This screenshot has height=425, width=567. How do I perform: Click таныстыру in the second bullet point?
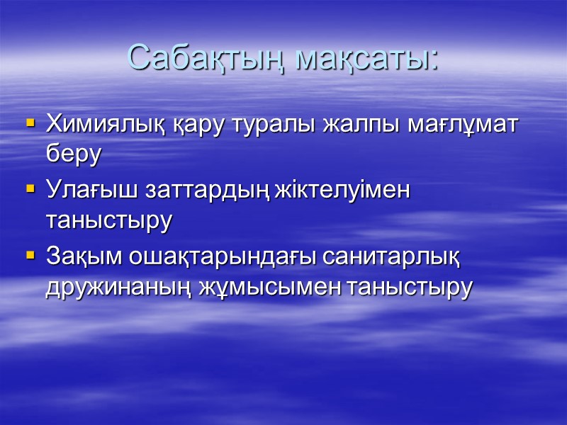(x=108, y=220)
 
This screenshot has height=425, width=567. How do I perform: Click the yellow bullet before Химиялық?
(x=30, y=124)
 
